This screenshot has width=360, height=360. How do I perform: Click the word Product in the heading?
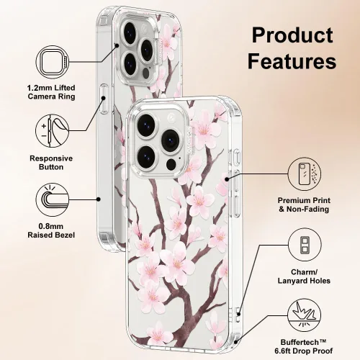tap(292, 35)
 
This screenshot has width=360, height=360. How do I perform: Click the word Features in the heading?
tap(292, 61)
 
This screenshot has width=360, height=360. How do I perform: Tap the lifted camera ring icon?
tap(53, 62)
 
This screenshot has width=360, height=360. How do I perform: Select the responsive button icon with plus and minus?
tap(53, 131)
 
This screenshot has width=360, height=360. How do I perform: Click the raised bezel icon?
tap(53, 199)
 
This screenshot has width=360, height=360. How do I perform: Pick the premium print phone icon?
tap(305, 174)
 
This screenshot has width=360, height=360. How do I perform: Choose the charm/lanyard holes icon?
tap(305, 245)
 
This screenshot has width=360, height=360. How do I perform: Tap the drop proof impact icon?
tap(305, 315)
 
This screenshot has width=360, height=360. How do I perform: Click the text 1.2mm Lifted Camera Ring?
tap(51, 92)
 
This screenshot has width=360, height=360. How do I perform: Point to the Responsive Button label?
tap(51, 163)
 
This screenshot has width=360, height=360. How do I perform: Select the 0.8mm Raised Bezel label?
tap(51, 230)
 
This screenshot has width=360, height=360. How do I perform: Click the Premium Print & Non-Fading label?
tap(304, 204)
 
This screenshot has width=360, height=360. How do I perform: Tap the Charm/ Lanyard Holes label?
tap(304, 276)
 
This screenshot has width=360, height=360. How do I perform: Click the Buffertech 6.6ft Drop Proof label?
tap(304, 346)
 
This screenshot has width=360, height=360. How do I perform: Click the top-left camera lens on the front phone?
tap(146, 126)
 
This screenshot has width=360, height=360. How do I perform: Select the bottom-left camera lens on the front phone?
tap(148, 157)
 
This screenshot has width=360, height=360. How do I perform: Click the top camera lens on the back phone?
tap(130, 33)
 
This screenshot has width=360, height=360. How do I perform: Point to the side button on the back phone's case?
tap(104, 99)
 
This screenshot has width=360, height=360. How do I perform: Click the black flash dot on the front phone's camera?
tap(171, 165)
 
